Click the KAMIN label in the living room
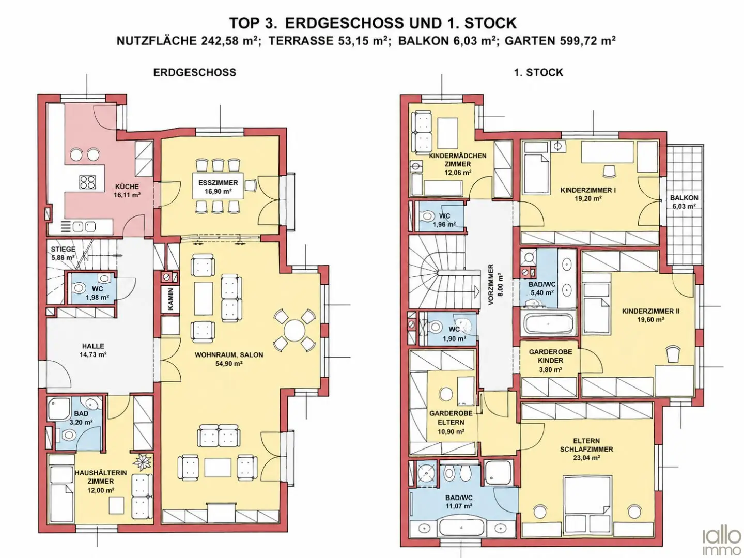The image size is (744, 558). [x=171, y=299]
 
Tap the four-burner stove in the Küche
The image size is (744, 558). [x=87, y=182]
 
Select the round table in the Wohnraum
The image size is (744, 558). [x=295, y=330]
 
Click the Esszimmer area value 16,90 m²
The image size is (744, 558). [x=218, y=191]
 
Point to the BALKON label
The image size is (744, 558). [x=684, y=198]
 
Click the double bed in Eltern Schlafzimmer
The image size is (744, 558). [x=587, y=501]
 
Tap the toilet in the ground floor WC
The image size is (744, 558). [x=79, y=288]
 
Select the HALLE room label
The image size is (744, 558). [x=93, y=346]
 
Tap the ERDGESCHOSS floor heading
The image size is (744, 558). [x=195, y=72]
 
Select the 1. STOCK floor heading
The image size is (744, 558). [x=538, y=72]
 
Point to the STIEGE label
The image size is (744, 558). [x=63, y=249]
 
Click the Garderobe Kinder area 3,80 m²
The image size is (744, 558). [x=550, y=369]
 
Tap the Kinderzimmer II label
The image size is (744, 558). [x=650, y=311]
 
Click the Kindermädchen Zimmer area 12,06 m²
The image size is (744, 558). [x=458, y=173]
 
